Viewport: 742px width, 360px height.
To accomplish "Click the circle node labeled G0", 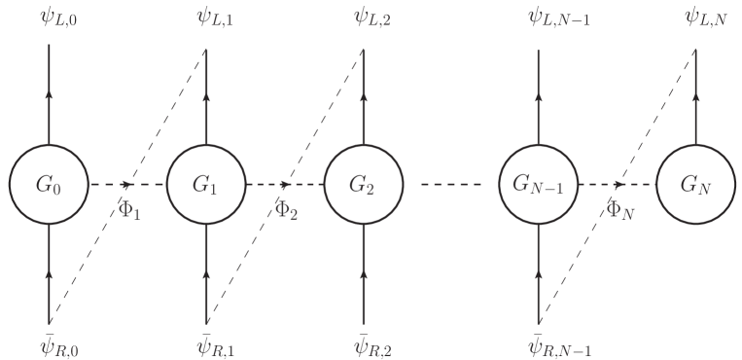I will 49,183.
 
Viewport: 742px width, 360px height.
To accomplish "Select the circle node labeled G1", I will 206,183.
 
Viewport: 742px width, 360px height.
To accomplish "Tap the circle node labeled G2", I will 363,183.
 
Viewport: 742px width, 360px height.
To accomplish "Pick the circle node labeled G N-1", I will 540,183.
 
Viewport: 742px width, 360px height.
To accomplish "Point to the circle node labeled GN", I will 695,183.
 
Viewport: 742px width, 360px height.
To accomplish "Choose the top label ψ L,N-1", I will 558,17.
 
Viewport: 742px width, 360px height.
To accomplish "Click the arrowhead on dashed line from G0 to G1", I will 127,183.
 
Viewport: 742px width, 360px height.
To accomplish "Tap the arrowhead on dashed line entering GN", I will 619,183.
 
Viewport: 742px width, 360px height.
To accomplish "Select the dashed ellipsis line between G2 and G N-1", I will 451,183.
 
